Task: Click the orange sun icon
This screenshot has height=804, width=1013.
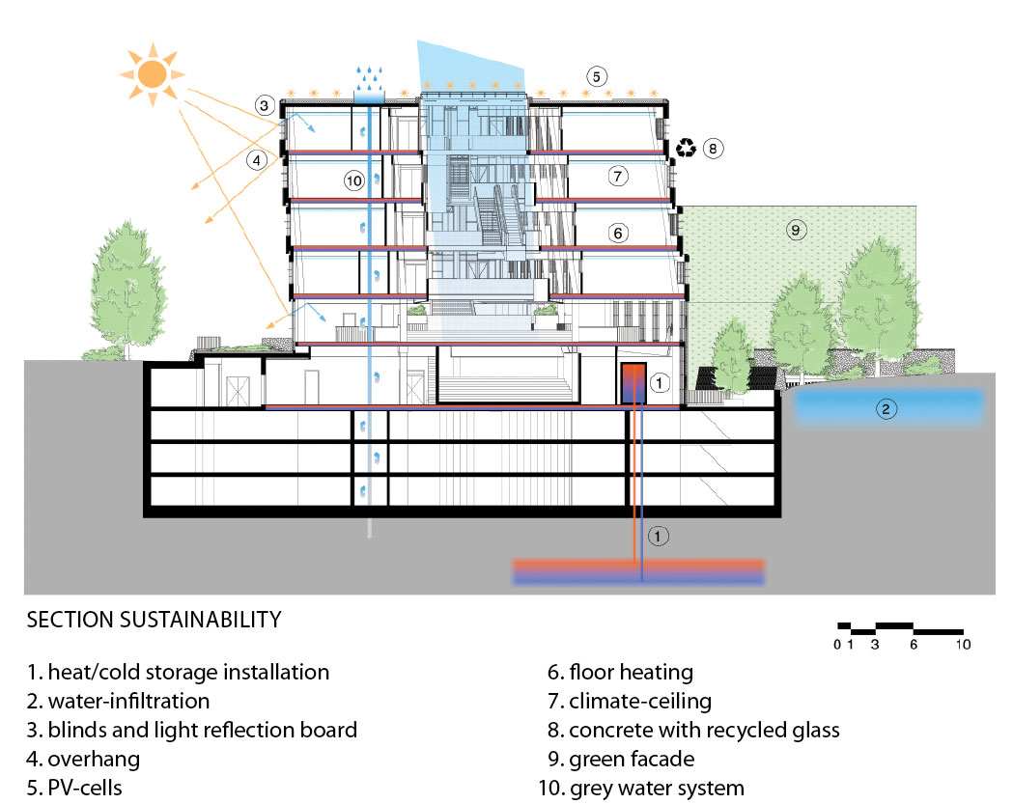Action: tap(153, 74)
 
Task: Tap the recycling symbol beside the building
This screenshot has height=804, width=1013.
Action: tap(686, 148)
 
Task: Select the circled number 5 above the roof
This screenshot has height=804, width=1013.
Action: tap(596, 77)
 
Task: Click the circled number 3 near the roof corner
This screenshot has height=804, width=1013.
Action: tap(264, 105)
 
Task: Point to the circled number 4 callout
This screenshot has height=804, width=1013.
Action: tap(257, 159)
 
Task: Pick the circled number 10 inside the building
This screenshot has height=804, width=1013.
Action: tap(354, 180)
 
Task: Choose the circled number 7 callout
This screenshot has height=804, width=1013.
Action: tap(618, 176)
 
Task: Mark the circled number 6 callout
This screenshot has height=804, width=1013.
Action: tap(618, 234)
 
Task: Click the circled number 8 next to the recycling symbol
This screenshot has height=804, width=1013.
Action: tap(713, 149)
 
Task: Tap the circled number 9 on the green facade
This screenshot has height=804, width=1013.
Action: tap(796, 230)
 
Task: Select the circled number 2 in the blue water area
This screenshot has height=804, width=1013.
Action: tap(886, 409)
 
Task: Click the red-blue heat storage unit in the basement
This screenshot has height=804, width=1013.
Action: tap(633, 383)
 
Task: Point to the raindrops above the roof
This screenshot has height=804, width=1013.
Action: tap(370, 78)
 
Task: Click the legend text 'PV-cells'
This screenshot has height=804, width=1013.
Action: tap(85, 788)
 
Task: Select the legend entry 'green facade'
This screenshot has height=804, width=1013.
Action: tap(632, 760)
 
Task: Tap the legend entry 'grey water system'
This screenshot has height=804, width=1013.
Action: tap(657, 789)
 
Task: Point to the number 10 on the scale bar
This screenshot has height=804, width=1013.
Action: tap(963, 645)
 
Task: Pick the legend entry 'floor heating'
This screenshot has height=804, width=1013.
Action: tap(632, 673)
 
